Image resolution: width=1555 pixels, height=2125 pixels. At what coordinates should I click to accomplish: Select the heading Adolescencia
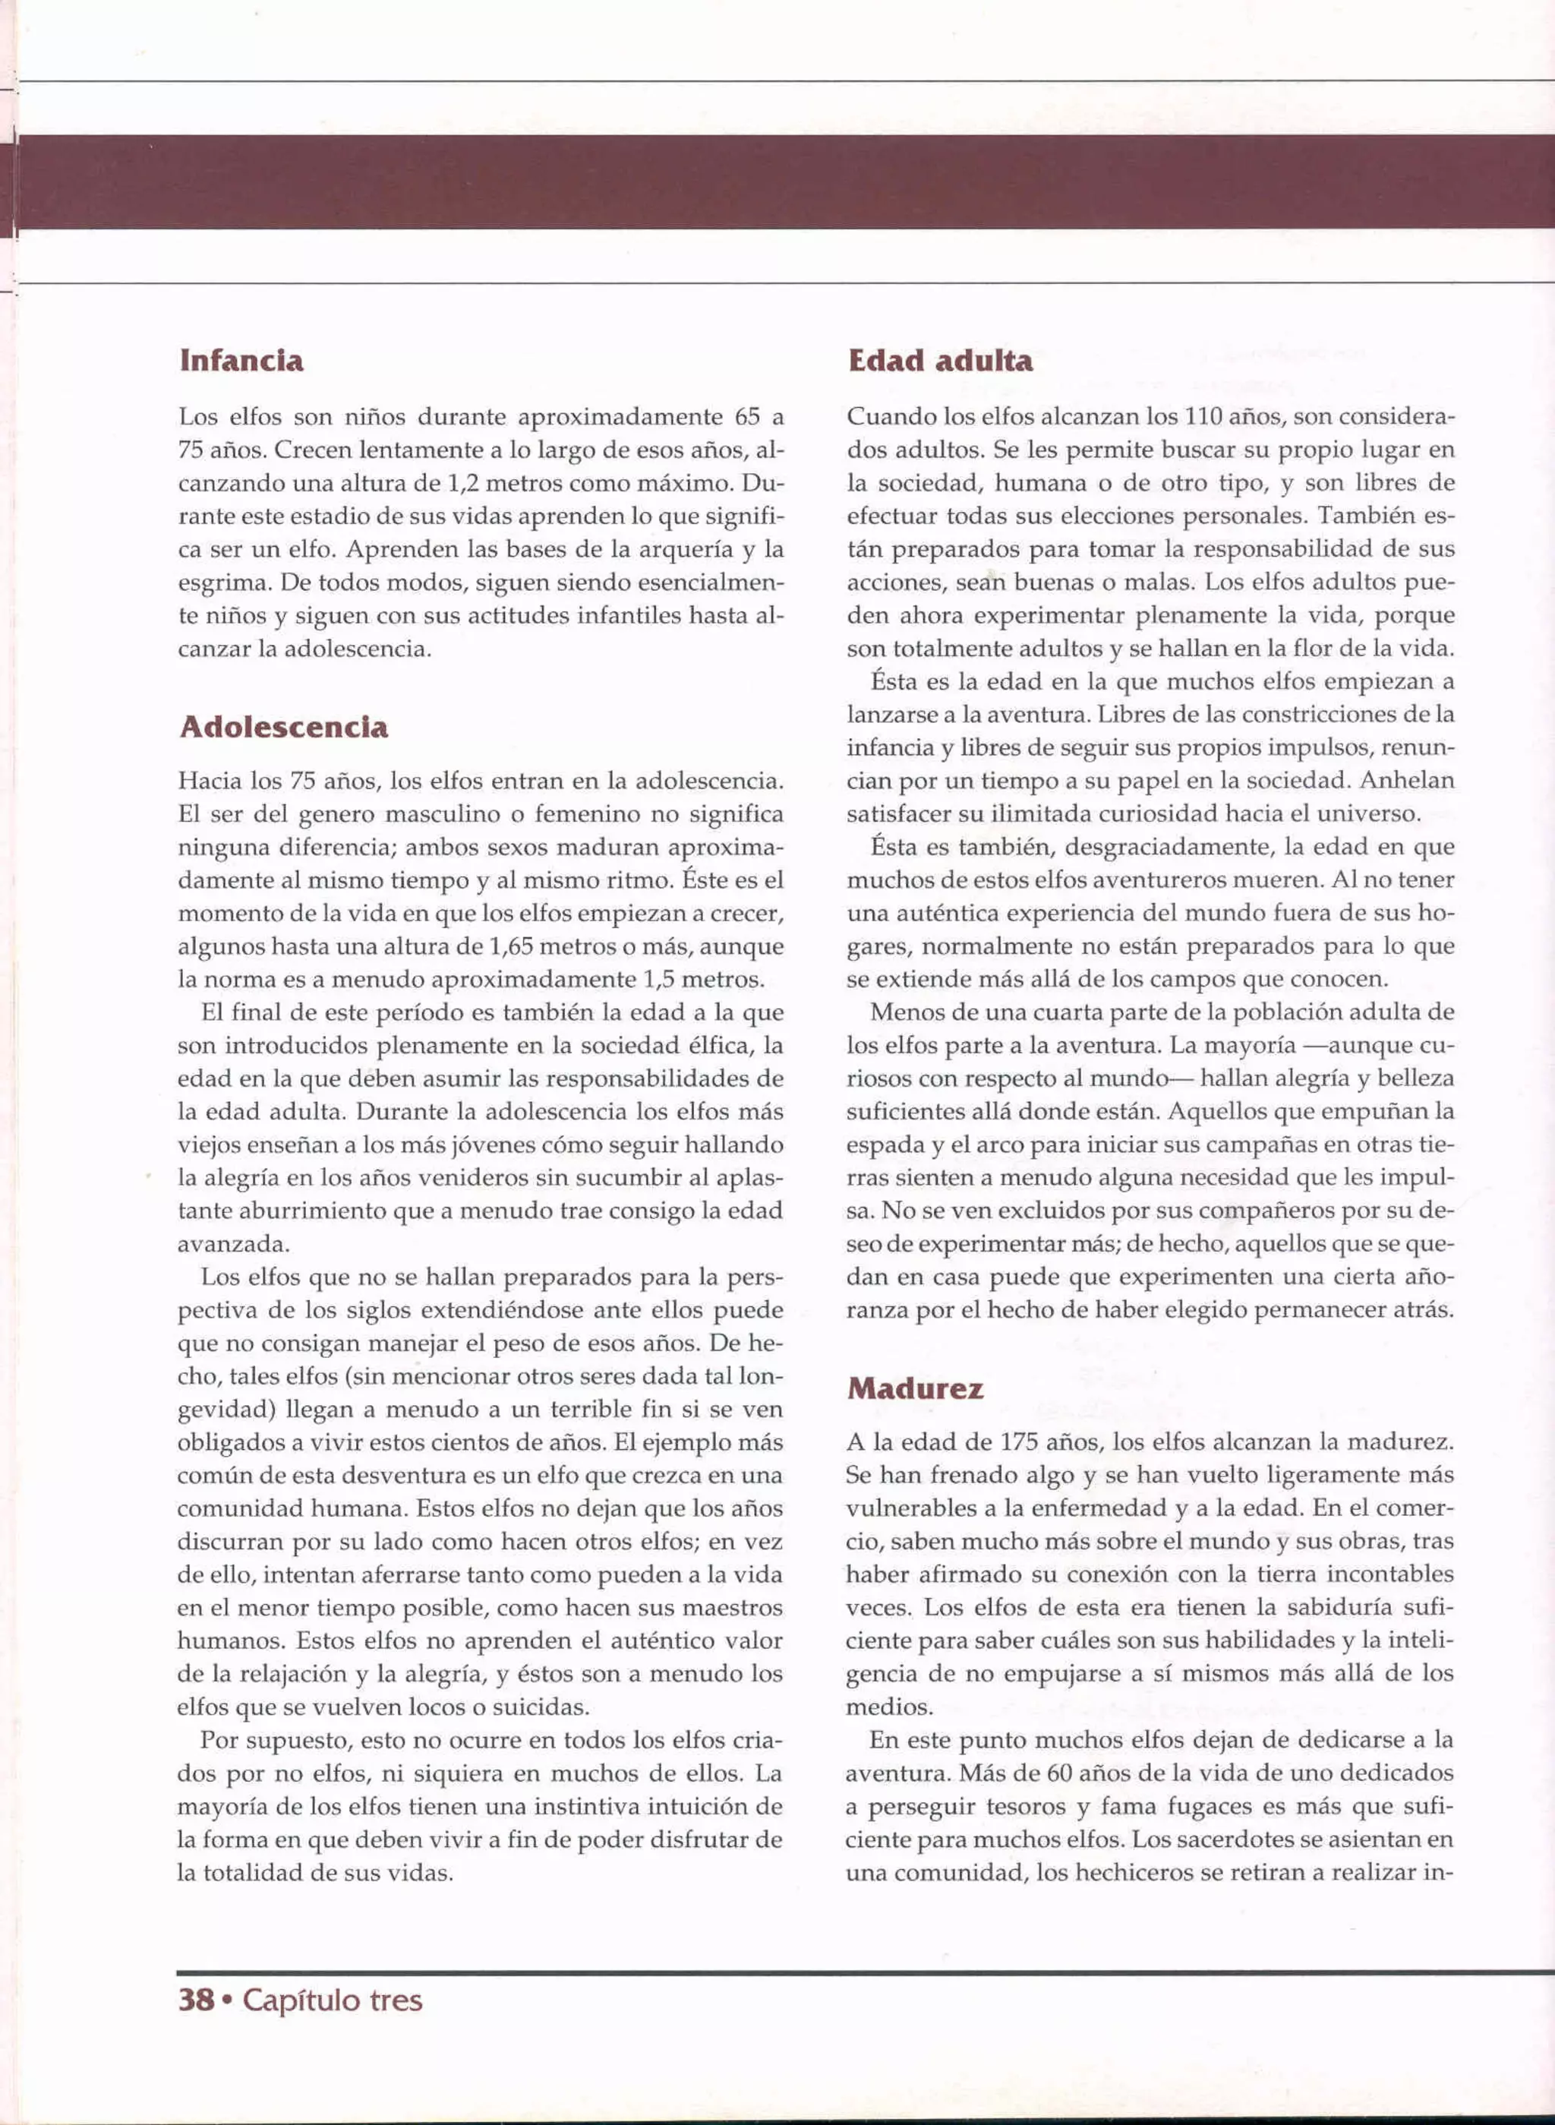283,728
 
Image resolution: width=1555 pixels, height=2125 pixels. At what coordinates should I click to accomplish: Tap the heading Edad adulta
939,362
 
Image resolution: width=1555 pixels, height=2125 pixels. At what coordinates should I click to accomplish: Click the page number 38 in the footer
196,1999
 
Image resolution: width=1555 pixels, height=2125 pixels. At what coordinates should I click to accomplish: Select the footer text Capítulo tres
333,1999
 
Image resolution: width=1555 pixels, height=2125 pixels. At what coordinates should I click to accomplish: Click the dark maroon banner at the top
777,181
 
